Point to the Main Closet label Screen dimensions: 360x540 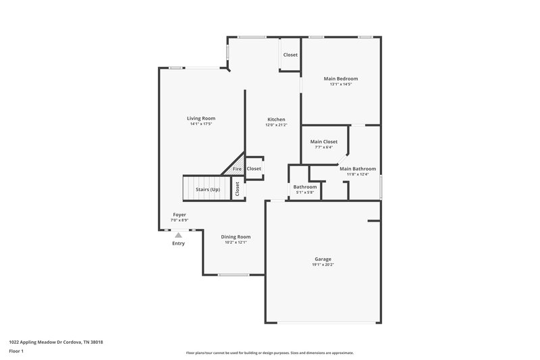click(x=321, y=142)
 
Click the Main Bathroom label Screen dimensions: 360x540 click(x=357, y=169)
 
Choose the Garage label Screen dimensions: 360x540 click(x=322, y=259)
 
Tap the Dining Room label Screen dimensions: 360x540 click(x=236, y=236)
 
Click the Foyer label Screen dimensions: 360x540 click(x=179, y=215)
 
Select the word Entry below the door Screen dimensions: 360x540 click(x=178, y=243)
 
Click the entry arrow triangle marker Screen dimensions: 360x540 click(x=178, y=235)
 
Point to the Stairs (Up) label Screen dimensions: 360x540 click(x=208, y=190)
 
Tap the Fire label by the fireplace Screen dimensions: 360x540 click(x=238, y=169)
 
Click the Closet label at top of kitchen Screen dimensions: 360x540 click(x=290, y=55)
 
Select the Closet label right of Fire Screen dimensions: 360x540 click(x=254, y=169)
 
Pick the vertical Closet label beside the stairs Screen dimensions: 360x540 click(x=238, y=190)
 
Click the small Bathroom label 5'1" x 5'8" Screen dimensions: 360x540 click(x=304, y=186)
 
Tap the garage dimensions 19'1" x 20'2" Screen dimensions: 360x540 click(x=322, y=265)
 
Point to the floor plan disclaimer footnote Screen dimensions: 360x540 click(x=269, y=353)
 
